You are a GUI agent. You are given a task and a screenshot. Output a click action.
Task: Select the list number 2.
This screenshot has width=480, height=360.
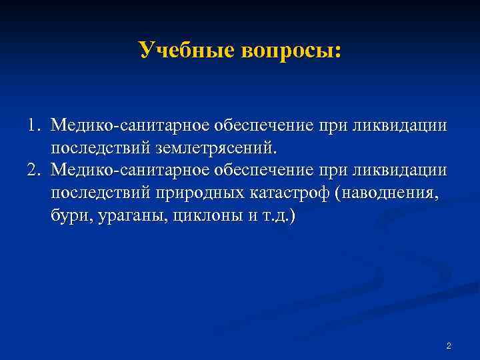(33, 170)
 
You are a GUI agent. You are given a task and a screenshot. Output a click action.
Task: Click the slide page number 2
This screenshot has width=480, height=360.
(449, 346)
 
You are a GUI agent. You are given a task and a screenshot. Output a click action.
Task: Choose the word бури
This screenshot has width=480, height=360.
(68, 216)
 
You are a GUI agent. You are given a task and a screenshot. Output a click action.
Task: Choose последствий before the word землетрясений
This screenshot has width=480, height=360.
(100, 147)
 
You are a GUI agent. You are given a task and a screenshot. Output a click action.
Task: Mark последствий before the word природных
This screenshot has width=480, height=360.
(100, 193)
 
